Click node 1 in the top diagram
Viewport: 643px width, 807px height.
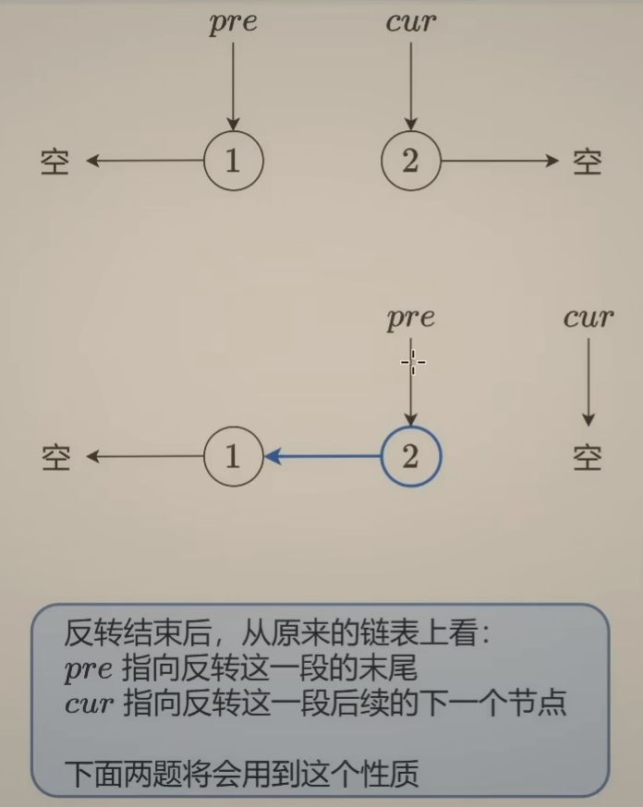tap(233, 161)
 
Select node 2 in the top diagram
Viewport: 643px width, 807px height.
tap(411, 161)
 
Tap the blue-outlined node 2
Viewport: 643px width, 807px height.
tap(411, 456)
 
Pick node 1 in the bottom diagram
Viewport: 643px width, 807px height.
tap(233, 456)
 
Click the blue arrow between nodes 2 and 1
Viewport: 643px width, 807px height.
tap(322, 456)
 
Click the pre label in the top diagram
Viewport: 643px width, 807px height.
tap(233, 22)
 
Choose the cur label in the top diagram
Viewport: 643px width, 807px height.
tap(411, 22)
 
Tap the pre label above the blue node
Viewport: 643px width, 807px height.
tap(411, 319)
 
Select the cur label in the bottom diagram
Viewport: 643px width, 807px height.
tap(588, 319)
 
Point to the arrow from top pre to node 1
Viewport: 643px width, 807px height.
tap(233, 83)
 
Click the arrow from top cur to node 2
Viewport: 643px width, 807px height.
tap(411, 83)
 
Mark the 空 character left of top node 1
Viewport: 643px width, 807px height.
tap(55, 162)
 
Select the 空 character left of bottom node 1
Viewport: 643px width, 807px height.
tap(55, 457)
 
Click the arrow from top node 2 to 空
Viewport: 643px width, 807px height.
tap(499, 161)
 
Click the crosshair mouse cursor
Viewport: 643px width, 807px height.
tap(412, 362)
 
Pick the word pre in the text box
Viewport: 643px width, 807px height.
tap(88, 669)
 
